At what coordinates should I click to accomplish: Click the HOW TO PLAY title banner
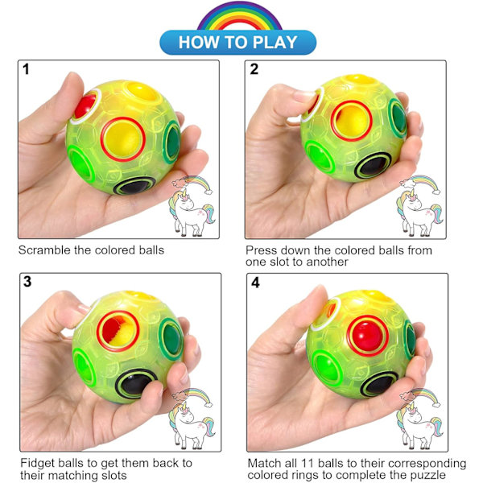pos(237,42)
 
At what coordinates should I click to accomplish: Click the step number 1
pos(26,69)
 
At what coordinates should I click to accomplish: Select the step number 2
pos(254,69)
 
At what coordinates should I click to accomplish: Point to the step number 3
pos(27,282)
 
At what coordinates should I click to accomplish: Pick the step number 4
pos(255,283)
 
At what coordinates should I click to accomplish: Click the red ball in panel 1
pos(85,105)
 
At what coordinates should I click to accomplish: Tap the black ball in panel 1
pos(134,187)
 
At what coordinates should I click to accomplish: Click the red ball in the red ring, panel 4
pos(368,336)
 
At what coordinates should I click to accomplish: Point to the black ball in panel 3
pos(135,384)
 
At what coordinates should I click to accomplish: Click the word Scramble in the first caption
pos(44,250)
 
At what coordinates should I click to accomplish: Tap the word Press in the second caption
pos(261,250)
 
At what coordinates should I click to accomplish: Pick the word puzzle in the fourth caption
pos(428,475)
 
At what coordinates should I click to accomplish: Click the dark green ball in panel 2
pos(399,118)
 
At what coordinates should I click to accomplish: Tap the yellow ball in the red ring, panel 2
pos(352,121)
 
